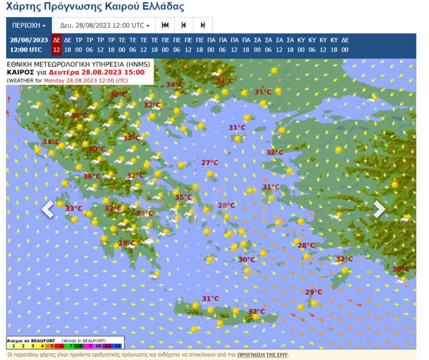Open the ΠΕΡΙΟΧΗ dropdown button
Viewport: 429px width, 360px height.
29,25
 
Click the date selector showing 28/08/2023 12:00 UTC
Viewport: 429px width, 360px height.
105,25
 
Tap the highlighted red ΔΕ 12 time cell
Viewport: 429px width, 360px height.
57,45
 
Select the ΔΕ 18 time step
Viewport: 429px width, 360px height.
68,45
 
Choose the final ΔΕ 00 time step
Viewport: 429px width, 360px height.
345,45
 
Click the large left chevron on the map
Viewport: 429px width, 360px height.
48,209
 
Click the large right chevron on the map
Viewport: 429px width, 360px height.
379,209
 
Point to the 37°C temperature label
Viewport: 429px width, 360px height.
131,138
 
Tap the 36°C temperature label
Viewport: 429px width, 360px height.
92,176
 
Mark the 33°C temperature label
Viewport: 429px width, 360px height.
74,209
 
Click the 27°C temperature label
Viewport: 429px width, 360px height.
210,163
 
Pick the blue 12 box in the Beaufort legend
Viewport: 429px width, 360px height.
118,345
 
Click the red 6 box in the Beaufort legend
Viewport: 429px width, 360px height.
62,345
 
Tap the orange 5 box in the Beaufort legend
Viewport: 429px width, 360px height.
53,345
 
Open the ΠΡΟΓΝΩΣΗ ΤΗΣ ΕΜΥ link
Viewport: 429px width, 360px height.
262,355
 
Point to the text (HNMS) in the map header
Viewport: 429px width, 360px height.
139,64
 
